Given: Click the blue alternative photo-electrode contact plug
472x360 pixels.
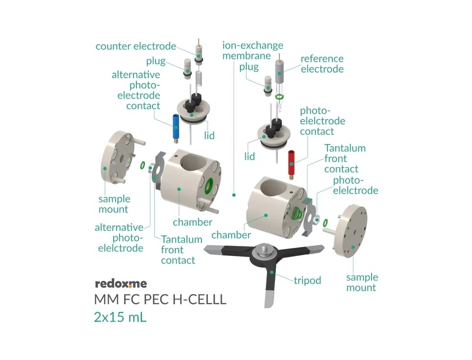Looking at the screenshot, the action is pyautogui.click(x=175, y=129).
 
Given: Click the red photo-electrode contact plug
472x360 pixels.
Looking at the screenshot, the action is pyautogui.click(x=291, y=165).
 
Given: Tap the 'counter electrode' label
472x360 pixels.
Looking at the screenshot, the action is pyautogui.click(x=136, y=46).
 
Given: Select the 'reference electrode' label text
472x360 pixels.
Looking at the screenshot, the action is pyautogui.click(x=322, y=64).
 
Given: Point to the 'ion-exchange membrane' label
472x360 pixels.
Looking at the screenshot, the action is pyautogui.click(x=252, y=51).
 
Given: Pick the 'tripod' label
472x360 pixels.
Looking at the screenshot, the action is pyautogui.click(x=307, y=280).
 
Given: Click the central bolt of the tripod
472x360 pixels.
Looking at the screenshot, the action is pyautogui.click(x=263, y=248).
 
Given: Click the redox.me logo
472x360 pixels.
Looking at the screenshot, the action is pyautogui.click(x=121, y=283).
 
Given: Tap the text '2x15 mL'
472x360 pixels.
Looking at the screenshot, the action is pyautogui.click(x=120, y=317).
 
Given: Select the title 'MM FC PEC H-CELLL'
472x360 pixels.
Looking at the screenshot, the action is pyautogui.click(x=160, y=299).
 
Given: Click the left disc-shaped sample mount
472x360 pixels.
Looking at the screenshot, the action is pyautogui.click(x=118, y=157).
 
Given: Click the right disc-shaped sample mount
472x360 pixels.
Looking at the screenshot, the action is pyautogui.click(x=351, y=231).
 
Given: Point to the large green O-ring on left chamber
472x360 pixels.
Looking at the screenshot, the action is pyautogui.click(x=209, y=186).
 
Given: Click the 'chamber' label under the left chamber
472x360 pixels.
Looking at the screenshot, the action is pyautogui.click(x=193, y=222).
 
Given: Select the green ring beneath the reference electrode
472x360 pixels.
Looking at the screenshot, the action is pyautogui.click(x=280, y=97).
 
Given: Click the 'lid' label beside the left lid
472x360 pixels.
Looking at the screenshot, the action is pyautogui.click(x=210, y=135).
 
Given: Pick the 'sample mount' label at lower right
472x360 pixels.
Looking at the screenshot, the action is pyautogui.click(x=362, y=282).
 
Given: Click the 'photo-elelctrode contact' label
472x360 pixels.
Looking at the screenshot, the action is pyautogui.click(x=322, y=121).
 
